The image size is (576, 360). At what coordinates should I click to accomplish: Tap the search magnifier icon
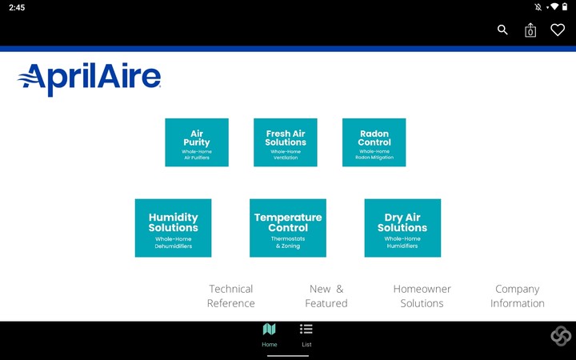pyautogui.click(x=502, y=30)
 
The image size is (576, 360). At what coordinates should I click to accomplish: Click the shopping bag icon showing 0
pyautogui.click(x=530, y=30)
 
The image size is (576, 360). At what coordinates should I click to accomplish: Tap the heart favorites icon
pyautogui.click(x=558, y=30)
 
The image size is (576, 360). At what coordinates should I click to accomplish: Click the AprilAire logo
pyautogui.click(x=89, y=79)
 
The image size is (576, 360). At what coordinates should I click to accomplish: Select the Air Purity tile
pyautogui.click(x=197, y=142)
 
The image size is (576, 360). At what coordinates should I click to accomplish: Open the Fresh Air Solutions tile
pyautogui.click(x=286, y=142)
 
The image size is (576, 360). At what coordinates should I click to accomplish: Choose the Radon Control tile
pyautogui.click(x=374, y=142)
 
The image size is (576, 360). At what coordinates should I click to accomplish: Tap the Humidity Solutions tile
pyautogui.click(x=173, y=228)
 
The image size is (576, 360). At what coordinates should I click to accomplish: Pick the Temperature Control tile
pyautogui.click(x=288, y=228)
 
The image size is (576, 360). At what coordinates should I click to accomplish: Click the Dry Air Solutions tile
pyautogui.click(x=402, y=228)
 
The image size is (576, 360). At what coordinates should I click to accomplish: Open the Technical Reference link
pyautogui.click(x=231, y=296)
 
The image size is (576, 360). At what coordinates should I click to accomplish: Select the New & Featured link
pyautogui.click(x=326, y=296)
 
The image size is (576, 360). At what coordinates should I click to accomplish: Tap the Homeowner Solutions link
pyautogui.click(x=422, y=296)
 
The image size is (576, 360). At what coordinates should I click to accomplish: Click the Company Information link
pyautogui.click(x=517, y=296)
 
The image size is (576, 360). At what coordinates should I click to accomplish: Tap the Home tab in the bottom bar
pyautogui.click(x=270, y=335)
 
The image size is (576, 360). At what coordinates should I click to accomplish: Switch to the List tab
pyautogui.click(x=306, y=335)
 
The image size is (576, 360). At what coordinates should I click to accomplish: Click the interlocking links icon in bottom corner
pyautogui.click(x=561, y=336)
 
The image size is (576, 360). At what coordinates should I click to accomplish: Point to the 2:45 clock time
pyautogui.click(x=18, y=7)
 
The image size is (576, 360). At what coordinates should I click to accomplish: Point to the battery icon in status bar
pyautogui.click(x=565, y=7)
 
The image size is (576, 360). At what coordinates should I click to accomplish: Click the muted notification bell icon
pyautogui.click(x=538, y=7)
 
